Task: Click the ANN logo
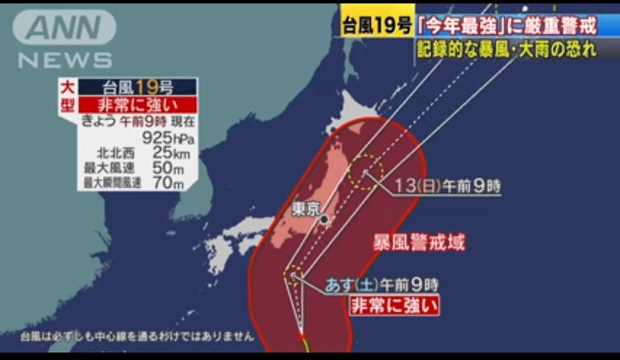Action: pos(64,27)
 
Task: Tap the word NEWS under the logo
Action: pos(65,60)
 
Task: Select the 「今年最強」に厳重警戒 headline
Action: pos(506,26)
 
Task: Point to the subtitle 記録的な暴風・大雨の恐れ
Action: pos(506,49)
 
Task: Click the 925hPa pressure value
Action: pos(168,138)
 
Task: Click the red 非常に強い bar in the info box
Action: pos(137,104)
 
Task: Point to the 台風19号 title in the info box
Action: pos(137,87)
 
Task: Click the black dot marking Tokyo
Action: pos(324,219)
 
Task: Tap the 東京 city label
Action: pos(305,208)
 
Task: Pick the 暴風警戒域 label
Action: pos(419,242)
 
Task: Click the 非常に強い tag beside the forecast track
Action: pos(394,305)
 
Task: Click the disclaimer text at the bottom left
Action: pos(137,336)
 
